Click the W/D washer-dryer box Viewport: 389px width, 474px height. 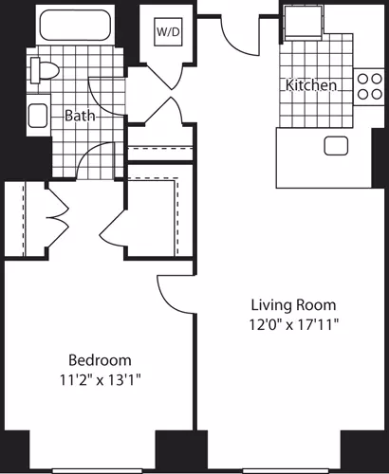[x=168, y=30]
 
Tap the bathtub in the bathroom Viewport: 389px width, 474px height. [x=75, y=27]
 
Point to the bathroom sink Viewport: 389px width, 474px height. [x=38, y=117]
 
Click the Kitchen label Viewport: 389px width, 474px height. [x=311, y=85]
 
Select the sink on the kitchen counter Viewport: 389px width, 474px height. [x=335, y=146]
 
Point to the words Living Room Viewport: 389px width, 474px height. [x=292, y=305]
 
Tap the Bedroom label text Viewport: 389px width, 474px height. [x=99, y=360]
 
